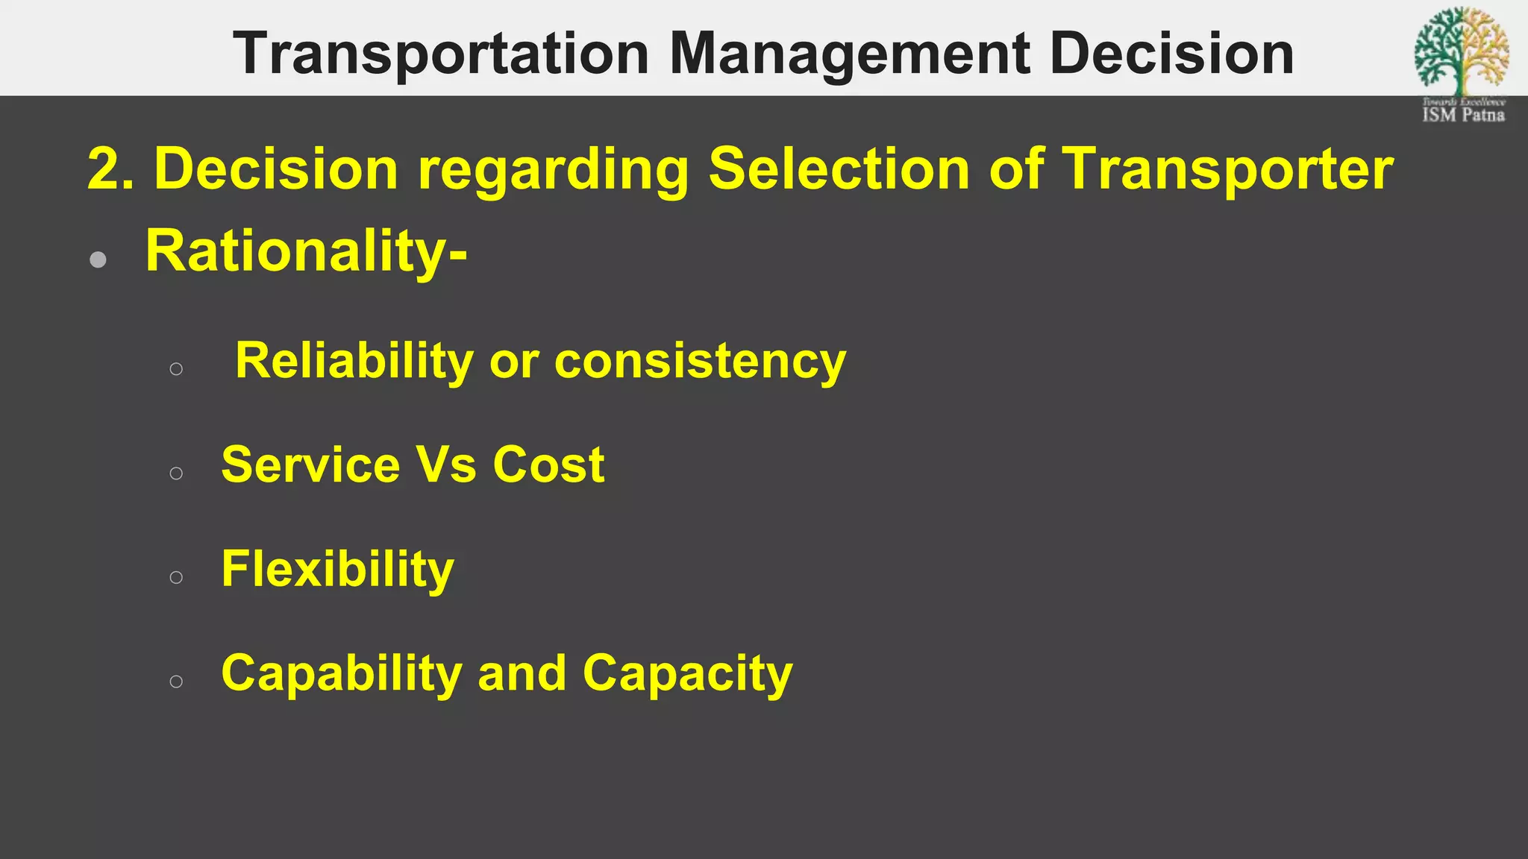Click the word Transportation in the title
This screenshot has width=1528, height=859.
click(x=441, y=54)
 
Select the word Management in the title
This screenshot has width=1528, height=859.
click(x=849, y=54)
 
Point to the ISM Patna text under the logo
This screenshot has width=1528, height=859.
click(x=1463, y=115)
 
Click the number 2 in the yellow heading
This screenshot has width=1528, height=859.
click(x=102, y=169)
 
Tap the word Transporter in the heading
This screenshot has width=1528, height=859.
click(x=1227, y=169)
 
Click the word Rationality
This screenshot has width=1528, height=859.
click(x=295, y=251)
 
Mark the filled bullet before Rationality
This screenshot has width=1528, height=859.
click(x=98, y=259)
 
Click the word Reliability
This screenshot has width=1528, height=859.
click(x=354, y=362)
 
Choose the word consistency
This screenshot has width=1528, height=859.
click(x=700, y=362)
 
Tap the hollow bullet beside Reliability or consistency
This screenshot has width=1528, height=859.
click(x=176, y=368)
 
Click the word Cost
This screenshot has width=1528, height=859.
click(x=548, y=465)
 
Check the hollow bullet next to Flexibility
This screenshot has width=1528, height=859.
click(x=176, y=577)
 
